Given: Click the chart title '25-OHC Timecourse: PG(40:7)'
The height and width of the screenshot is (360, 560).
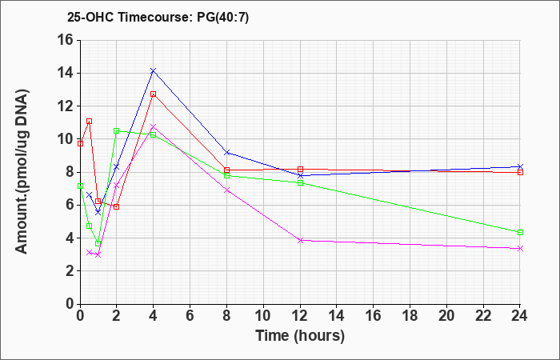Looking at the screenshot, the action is click(158, 18).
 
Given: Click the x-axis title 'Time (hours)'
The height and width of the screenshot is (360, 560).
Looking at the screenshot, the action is click(300, 336).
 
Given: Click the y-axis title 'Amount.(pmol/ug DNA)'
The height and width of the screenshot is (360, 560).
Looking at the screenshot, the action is click(22, 172).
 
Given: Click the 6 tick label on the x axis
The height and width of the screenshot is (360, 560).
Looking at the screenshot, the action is click(190, 316).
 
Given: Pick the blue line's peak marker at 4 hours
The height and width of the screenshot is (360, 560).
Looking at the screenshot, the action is click(154, 70).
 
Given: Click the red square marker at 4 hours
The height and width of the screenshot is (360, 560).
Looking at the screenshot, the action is click(154, 94).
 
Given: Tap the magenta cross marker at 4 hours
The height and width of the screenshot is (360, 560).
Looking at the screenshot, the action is click(154, 126).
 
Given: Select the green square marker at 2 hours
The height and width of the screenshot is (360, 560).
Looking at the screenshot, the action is click(117, 130).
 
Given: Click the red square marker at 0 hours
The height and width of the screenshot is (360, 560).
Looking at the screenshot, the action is click(80, 143).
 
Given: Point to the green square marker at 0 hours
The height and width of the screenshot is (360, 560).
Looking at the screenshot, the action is click(80, 186).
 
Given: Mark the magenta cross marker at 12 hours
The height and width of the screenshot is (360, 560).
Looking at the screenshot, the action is click(300, 240).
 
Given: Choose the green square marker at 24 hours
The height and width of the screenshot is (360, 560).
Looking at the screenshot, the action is click(520, 233).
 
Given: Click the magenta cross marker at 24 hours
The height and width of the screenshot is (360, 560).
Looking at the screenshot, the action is click(520, 248).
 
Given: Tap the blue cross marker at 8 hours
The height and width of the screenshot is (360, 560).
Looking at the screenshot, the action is click(226, 153).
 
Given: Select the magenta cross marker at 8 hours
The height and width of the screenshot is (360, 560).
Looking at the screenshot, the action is click(226, 190).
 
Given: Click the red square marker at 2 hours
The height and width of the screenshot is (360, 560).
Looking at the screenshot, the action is click(117, 206).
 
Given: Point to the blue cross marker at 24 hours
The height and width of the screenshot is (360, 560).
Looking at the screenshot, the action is click(520, 166).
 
